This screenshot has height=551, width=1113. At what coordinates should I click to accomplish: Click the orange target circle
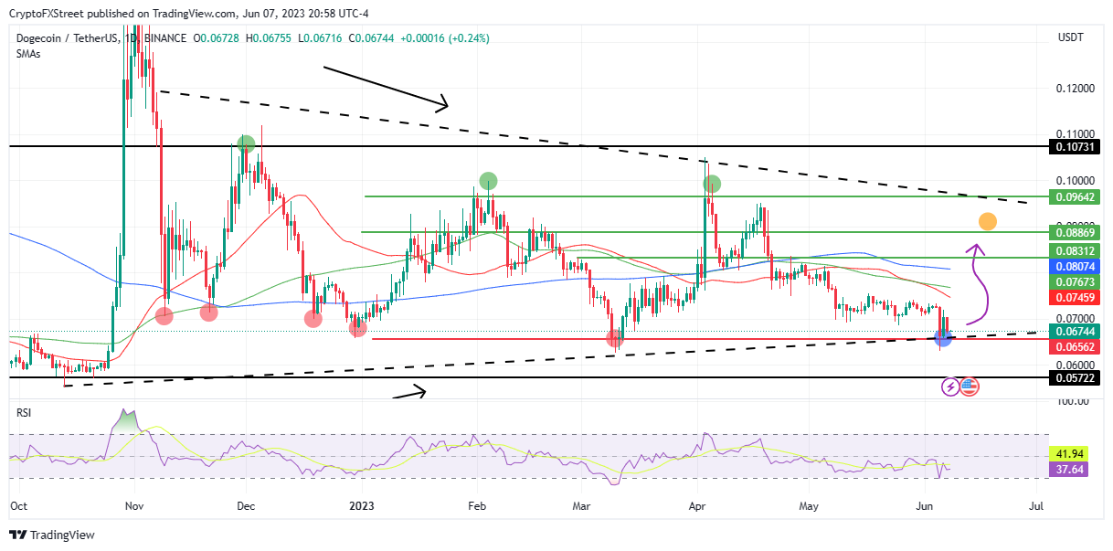(x=987, y=220)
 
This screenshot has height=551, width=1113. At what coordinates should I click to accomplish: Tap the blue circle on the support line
(x=945, y=338)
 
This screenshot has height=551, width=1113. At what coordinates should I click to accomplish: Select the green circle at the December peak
(x=246, y=143)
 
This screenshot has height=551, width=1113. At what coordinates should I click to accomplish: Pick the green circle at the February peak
(x=488, y=180)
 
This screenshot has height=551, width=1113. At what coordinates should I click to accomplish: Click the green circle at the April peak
(x=711, y=184)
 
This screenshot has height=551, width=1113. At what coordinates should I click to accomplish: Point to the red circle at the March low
(x=615, y=338)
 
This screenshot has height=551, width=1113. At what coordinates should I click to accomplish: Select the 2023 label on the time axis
(x=362, y=504)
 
